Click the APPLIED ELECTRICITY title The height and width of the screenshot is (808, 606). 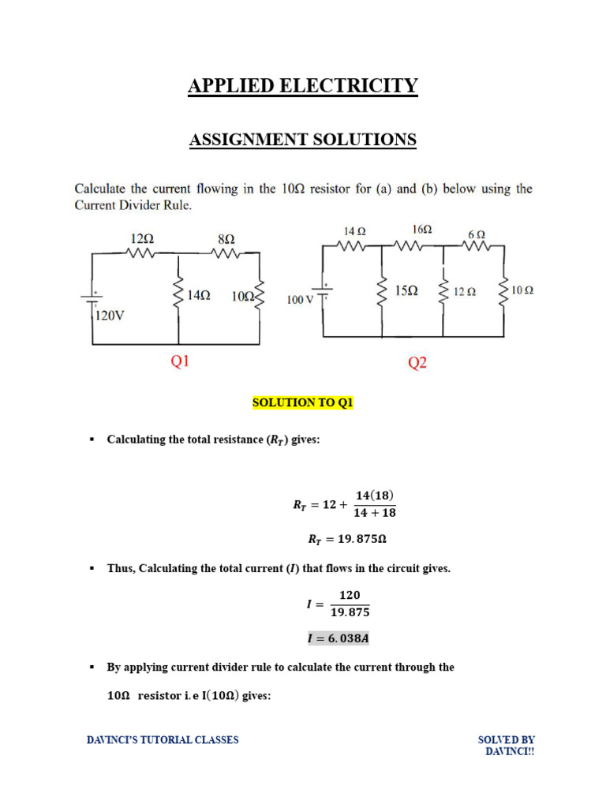pyautogui.click(x=303, y=86)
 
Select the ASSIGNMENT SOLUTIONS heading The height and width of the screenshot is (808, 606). pyautogui.click(x=303, y=140)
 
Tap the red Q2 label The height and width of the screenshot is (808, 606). pyautogui.click(x=417, y=363)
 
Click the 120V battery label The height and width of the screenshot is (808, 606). pyautogui.click(x=109, y=316)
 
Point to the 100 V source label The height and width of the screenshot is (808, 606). pyautogui.click(x=300, y=300)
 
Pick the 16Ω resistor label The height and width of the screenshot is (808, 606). pyautogui.click(x=422, y=229)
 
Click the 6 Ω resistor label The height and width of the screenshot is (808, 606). pyautogui.click(x=477, y=234)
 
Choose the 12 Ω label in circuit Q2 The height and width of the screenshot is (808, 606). pyautogui.click(x=465, y=291)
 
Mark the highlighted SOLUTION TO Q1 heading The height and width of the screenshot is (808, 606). pyautogui.click(x=303, y=402)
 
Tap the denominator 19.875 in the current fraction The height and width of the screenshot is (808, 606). pyautogui.click(x=350, y=612)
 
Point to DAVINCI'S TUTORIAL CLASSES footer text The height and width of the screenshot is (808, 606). pyautogui.click(x=163, y=740)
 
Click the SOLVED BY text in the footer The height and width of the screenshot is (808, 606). pyautogui.click(x=507, y=740)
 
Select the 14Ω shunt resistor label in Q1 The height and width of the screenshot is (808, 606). pyautogui.click(x=199, y=296)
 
